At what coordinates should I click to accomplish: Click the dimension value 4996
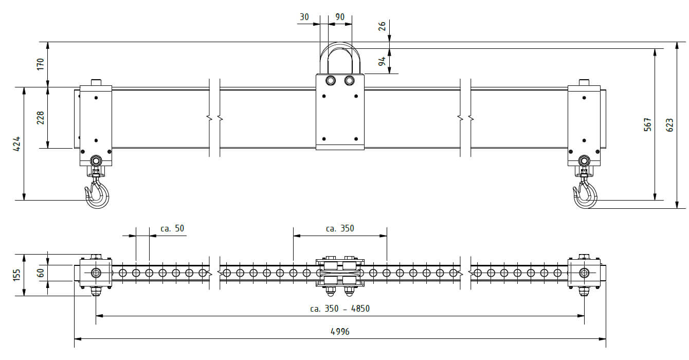click(340, 331)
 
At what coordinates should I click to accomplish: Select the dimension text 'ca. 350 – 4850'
click(340, 308)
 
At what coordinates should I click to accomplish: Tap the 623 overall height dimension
click(669, 125)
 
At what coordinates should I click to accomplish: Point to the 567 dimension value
click(648, 124)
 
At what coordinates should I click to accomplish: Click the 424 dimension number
click(16, 143)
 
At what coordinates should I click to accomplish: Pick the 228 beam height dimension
click(40, 118)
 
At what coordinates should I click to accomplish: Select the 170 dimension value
click(40, 64)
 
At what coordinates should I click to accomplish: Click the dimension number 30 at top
click(304, 17)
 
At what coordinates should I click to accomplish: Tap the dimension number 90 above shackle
click(340, 17)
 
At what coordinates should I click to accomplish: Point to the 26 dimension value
click(382, 26)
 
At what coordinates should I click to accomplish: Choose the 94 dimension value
click(382, 61)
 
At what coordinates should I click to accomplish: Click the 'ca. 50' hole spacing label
click(172, 228)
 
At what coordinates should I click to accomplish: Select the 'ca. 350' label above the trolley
click(340, 228)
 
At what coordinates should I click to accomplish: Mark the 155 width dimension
click(16, 275)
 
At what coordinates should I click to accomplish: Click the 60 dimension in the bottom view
click(40, 273)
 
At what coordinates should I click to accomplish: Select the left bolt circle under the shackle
click(330, 81)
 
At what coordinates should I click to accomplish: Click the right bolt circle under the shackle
click(349, 81)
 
